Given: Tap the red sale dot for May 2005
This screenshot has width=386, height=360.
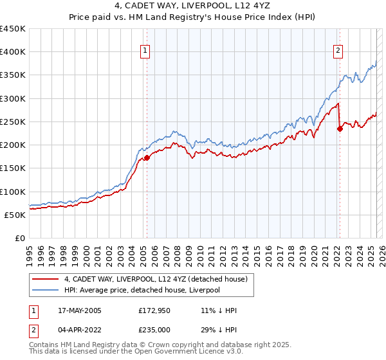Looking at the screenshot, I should pyautogui.click(x=147, y=157).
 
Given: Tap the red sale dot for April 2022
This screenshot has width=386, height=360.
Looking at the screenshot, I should pyautogui.click(x=340, y=129).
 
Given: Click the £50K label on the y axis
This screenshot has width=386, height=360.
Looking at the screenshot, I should pyautogui.click(x=15, y=215).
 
